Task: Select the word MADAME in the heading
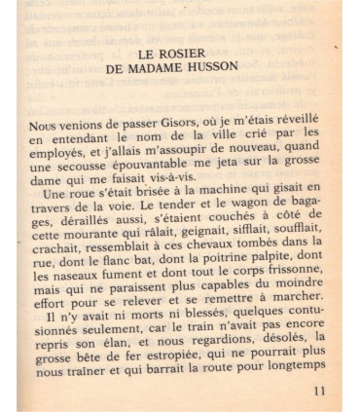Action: tap(168, 71)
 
